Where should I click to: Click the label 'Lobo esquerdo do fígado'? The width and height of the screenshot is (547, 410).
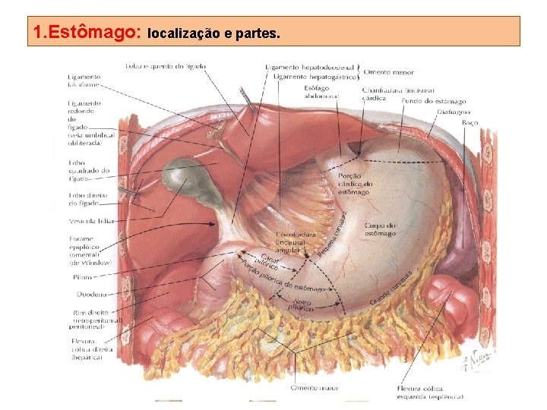pos(166,67)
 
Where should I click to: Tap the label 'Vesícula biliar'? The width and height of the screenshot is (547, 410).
pos(92,221)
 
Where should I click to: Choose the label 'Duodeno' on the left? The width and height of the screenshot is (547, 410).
pos(90,294)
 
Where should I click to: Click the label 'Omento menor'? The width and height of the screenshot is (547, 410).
pos(388,72)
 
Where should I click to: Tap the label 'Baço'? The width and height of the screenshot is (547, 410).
pos(470,123)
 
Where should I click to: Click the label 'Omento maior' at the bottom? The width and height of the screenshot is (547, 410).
pos(314,387)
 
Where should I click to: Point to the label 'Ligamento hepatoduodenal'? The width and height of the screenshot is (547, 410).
pos(309,67)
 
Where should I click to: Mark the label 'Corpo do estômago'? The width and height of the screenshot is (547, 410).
pos(380,229)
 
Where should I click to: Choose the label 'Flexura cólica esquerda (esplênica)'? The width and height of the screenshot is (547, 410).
pos(430,392)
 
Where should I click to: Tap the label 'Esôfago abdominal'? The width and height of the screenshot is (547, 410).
pos(316,92)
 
